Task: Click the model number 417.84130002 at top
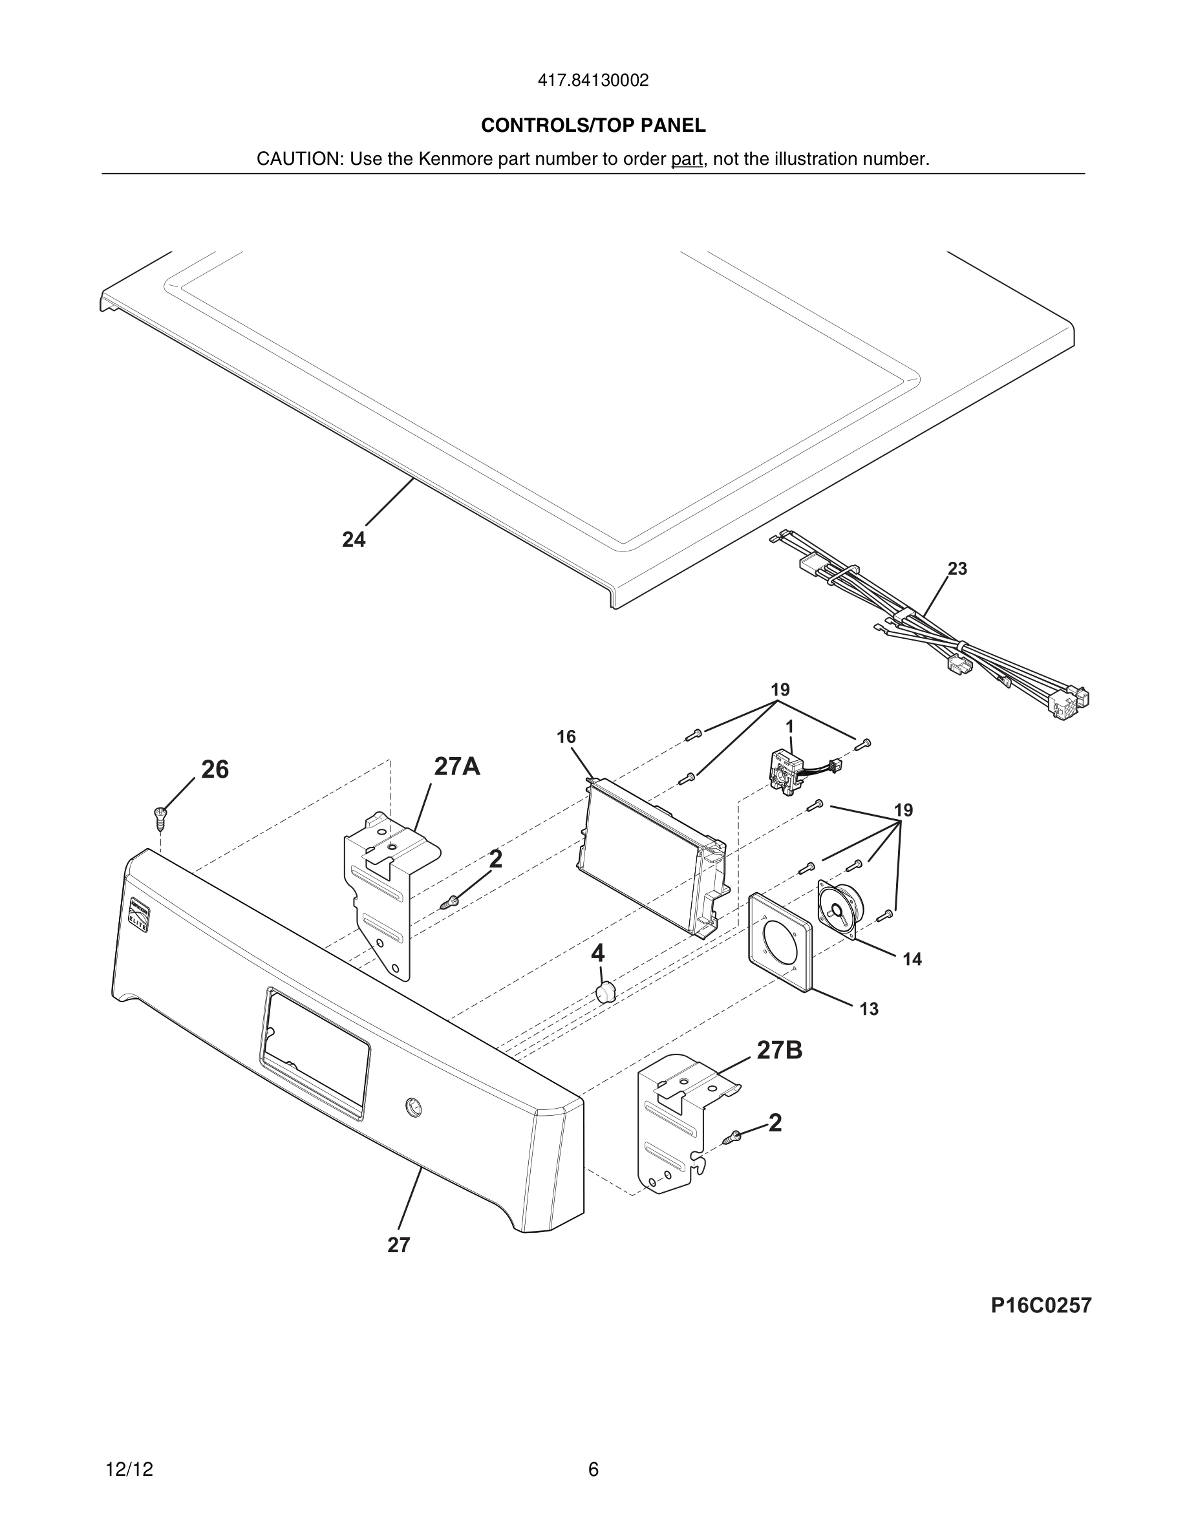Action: tap(593, 81)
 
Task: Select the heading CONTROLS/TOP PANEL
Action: tap(593, 125)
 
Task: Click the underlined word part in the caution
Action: tap(687, 160)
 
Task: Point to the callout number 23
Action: tap(957, 568)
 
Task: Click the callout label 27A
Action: tap(457, 766)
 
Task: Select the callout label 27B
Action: tap(779, 1050)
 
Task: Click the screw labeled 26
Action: tap(161, 816)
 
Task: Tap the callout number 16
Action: tap(566, 736)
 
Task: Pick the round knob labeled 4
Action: tap(604, 993)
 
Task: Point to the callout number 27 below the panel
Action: tap(399, 1246)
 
